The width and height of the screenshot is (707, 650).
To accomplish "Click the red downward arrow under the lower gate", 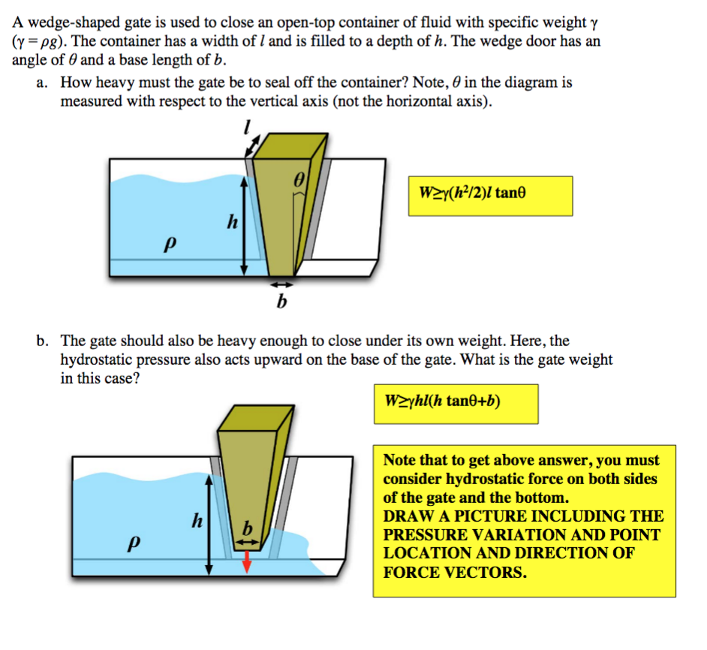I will tap(246, 562).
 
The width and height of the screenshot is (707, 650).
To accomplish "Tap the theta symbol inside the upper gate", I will tap(299, 181).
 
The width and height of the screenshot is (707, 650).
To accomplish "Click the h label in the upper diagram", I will tap(233, 222).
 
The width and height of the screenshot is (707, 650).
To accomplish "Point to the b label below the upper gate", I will tap(281, 302).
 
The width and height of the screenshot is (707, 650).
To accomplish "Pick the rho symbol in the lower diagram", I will tap(135, 542).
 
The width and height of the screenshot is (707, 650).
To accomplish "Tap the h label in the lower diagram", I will tap(197, 519).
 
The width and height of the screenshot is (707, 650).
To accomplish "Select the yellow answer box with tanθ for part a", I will tap(489, 195).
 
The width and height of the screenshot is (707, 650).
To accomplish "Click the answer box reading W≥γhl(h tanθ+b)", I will tap(455, 403).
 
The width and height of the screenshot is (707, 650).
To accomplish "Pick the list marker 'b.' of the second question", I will tap(43, 341).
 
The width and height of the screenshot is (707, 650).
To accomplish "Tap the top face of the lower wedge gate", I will tap(254, 421).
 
